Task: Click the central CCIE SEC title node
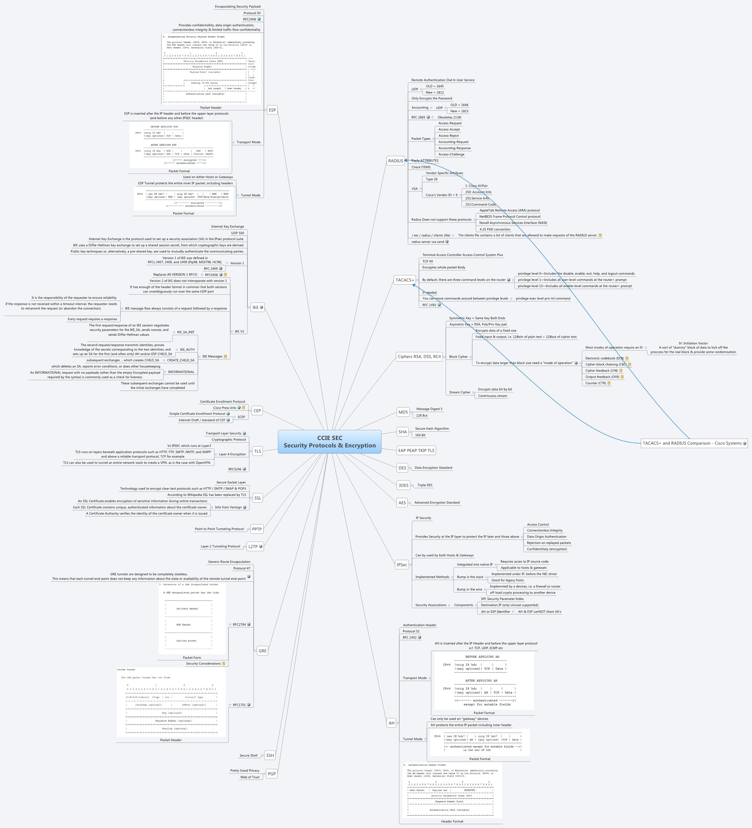point(329,442)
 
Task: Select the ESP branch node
point(272,110)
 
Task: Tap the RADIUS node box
point(396,161)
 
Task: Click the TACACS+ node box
point(405,280)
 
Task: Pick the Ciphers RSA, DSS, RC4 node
point(419,356)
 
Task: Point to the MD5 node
point(403,412)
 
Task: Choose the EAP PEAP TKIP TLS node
point(416,450)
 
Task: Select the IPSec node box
point(402,565)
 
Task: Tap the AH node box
point(391,723)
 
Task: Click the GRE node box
point(262,651)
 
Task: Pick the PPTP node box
point(257,529)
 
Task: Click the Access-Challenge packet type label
point(451,155)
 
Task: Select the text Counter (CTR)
point(595,383)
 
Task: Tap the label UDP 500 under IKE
point(237,233)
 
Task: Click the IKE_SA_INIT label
point(186,332)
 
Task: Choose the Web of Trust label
point(250,777)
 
